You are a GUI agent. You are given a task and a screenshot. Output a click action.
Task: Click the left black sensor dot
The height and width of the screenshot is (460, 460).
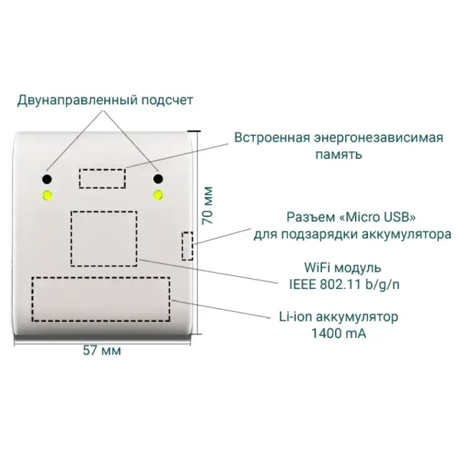click(x=47, y=179)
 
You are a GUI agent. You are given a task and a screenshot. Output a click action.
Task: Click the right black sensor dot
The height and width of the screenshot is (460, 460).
click(x=158, y=179)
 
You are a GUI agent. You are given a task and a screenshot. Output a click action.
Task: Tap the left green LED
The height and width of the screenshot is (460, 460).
click(x=47, y=195)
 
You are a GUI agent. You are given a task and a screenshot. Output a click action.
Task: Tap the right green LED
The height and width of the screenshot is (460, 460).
click(x=158, y=195)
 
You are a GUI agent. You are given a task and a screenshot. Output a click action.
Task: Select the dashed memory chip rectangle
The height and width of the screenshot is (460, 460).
click(x=102, y=178)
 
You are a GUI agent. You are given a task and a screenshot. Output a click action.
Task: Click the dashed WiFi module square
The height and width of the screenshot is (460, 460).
click(x=103, y=239)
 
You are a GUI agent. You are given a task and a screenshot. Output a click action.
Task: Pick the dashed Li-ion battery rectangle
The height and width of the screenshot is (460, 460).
click(x=101, y=299)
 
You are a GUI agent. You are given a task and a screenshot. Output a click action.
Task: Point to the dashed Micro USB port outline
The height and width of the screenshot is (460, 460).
click(x=187, y=246)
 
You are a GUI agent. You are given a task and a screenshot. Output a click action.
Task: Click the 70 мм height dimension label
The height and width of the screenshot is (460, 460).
click(x=208, y=206)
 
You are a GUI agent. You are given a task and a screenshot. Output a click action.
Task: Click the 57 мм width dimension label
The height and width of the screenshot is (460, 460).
click(x=102, y=350)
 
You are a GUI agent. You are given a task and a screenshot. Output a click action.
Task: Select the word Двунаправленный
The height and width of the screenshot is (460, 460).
click(x=78, y=101)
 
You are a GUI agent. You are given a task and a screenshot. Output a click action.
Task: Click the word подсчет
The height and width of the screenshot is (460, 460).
click(x=167, y=101)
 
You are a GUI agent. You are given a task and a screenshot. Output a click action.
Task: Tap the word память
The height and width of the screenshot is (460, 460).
click(x=339, y=155)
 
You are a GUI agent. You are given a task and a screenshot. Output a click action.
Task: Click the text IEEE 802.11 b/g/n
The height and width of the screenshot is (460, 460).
click(x=344, y=285)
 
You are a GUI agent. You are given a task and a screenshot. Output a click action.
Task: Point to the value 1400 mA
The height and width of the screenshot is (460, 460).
click(x=339, y=333)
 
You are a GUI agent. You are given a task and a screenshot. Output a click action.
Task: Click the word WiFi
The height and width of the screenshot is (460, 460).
click(x=317, y=267)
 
